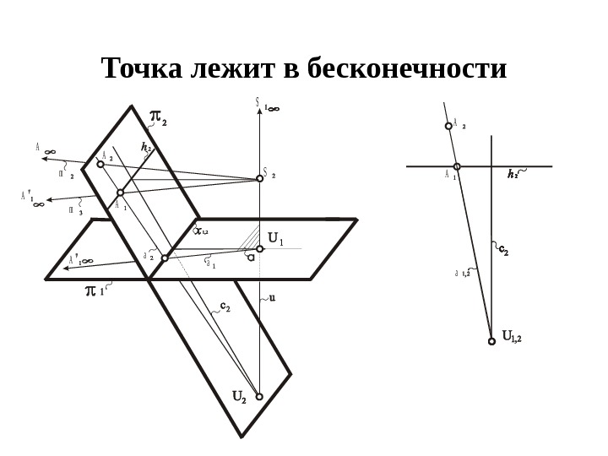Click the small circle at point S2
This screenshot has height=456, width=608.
(x=260, y=178)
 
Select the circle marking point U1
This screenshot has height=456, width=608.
(x=260, y=249)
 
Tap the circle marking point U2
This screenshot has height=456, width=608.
(x=259, y=396)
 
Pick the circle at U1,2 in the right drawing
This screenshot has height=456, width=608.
(x=491, y=341)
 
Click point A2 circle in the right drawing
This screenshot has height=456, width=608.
(x=448, y=127)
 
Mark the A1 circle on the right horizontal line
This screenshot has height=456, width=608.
(x=457, y=166)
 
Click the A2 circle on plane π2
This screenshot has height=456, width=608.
(x=100, y=164)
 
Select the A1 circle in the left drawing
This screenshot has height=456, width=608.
(x=120, y=193)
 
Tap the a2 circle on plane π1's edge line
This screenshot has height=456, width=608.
(x=165, y=258)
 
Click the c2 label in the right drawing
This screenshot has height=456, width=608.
(x=503, y=250)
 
